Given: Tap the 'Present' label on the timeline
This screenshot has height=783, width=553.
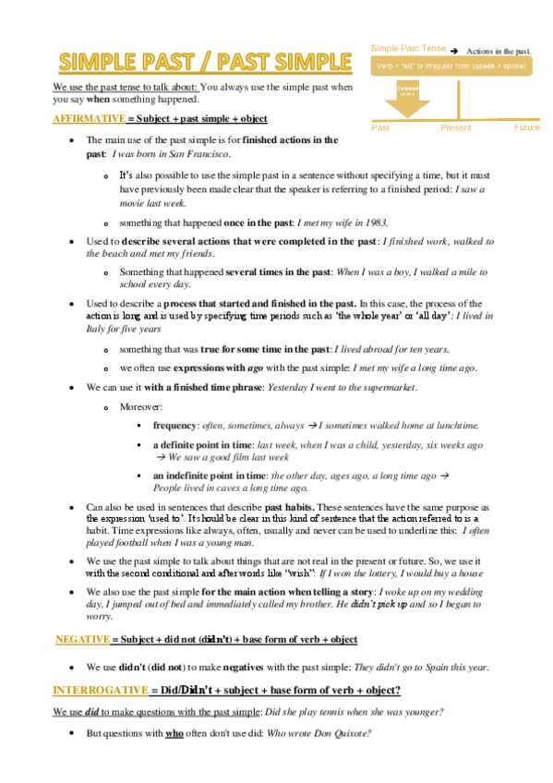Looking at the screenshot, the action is [456, 127].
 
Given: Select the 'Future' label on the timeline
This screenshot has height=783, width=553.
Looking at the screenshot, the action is [527, 127].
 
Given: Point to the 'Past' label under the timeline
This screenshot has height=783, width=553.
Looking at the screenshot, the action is [380, 127].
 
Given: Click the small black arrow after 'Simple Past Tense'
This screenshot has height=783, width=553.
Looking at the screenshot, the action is [455, 51].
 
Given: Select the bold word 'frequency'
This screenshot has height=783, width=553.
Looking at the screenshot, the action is [175, 425].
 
